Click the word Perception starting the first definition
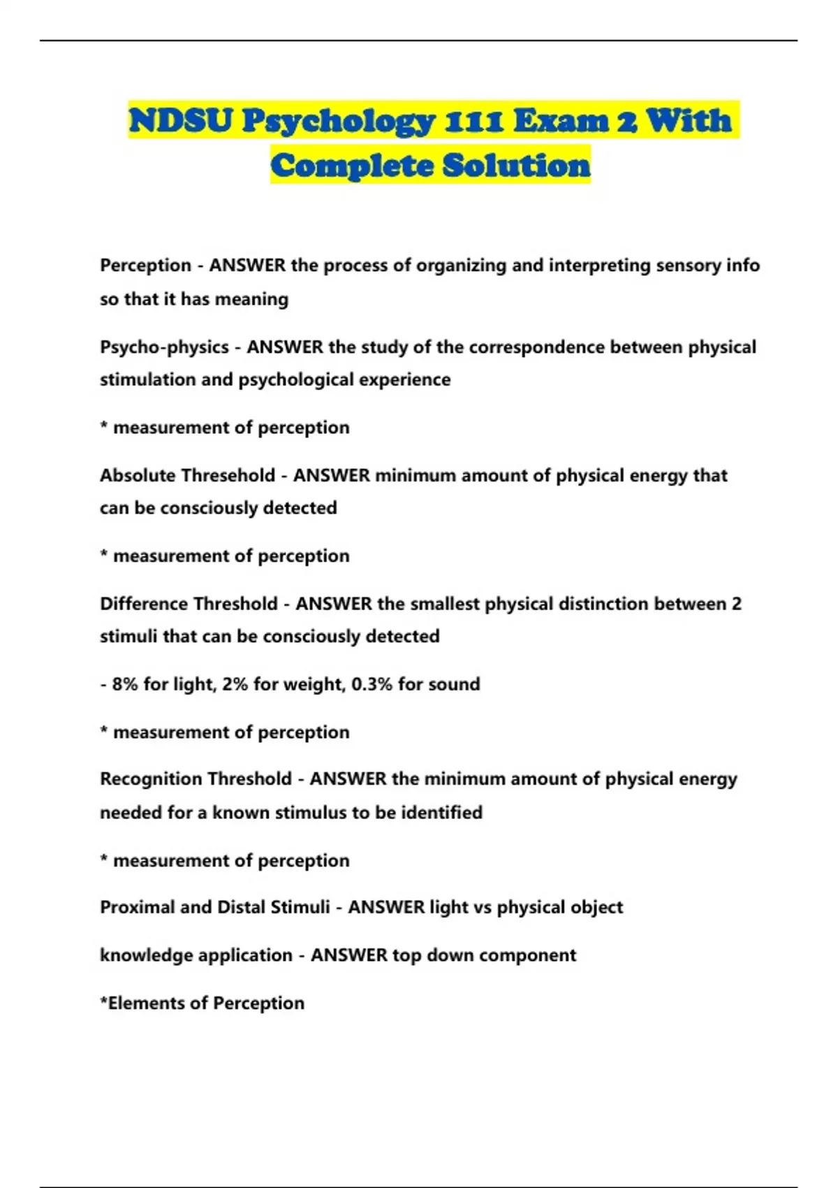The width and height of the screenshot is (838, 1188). [145, 266]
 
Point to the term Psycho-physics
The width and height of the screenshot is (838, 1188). [164, 347]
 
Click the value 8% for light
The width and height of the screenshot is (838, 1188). [125, 684]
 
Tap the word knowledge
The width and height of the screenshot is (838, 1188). [147, 955]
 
